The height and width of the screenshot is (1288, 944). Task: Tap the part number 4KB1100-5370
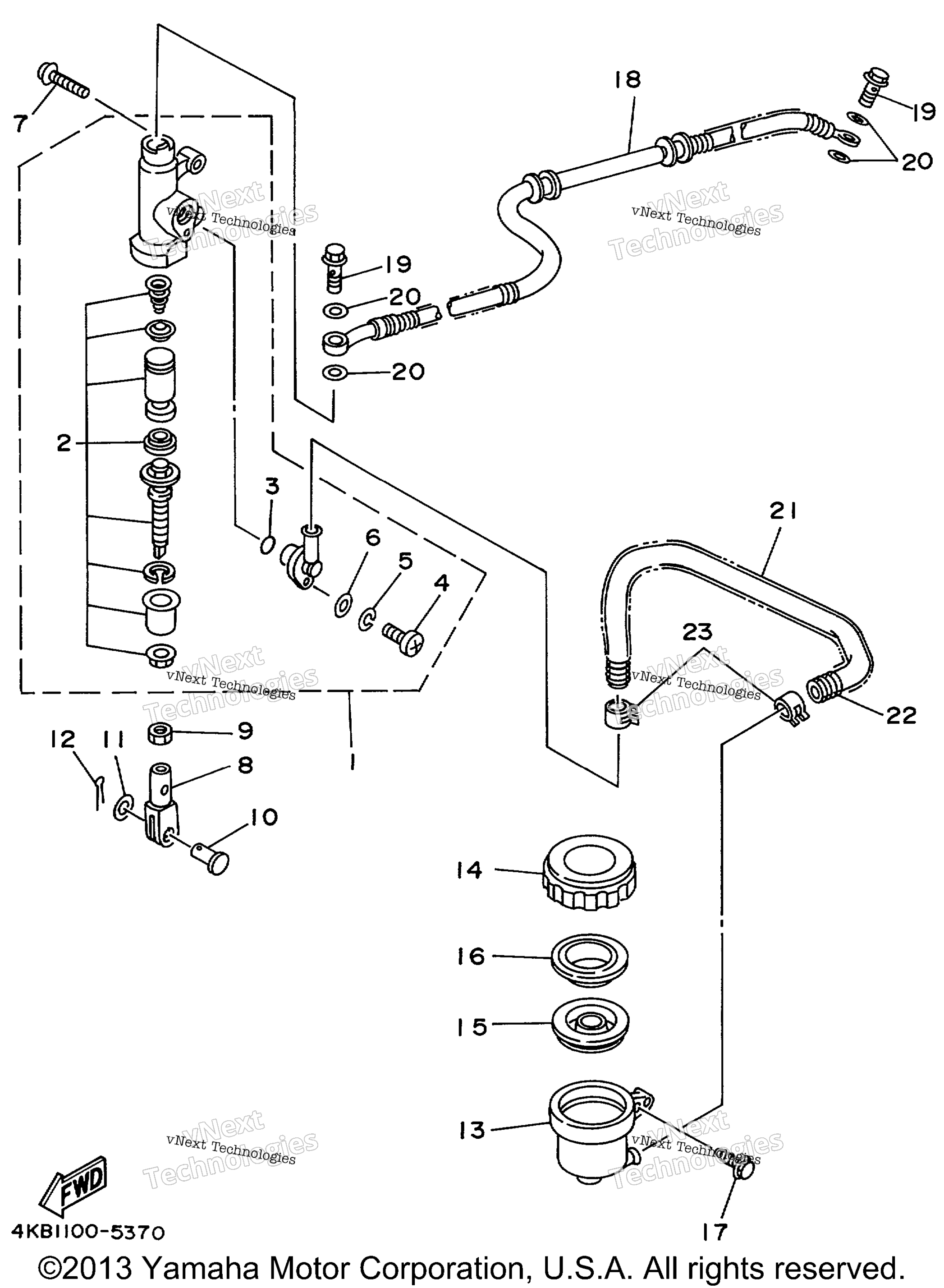88,1232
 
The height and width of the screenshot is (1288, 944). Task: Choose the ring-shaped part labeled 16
589,961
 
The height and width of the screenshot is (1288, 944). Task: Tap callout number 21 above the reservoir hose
782,511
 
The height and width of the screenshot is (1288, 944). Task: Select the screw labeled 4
403,639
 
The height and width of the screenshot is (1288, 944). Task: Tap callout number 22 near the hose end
901,715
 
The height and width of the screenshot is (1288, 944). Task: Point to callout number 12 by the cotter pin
62,740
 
